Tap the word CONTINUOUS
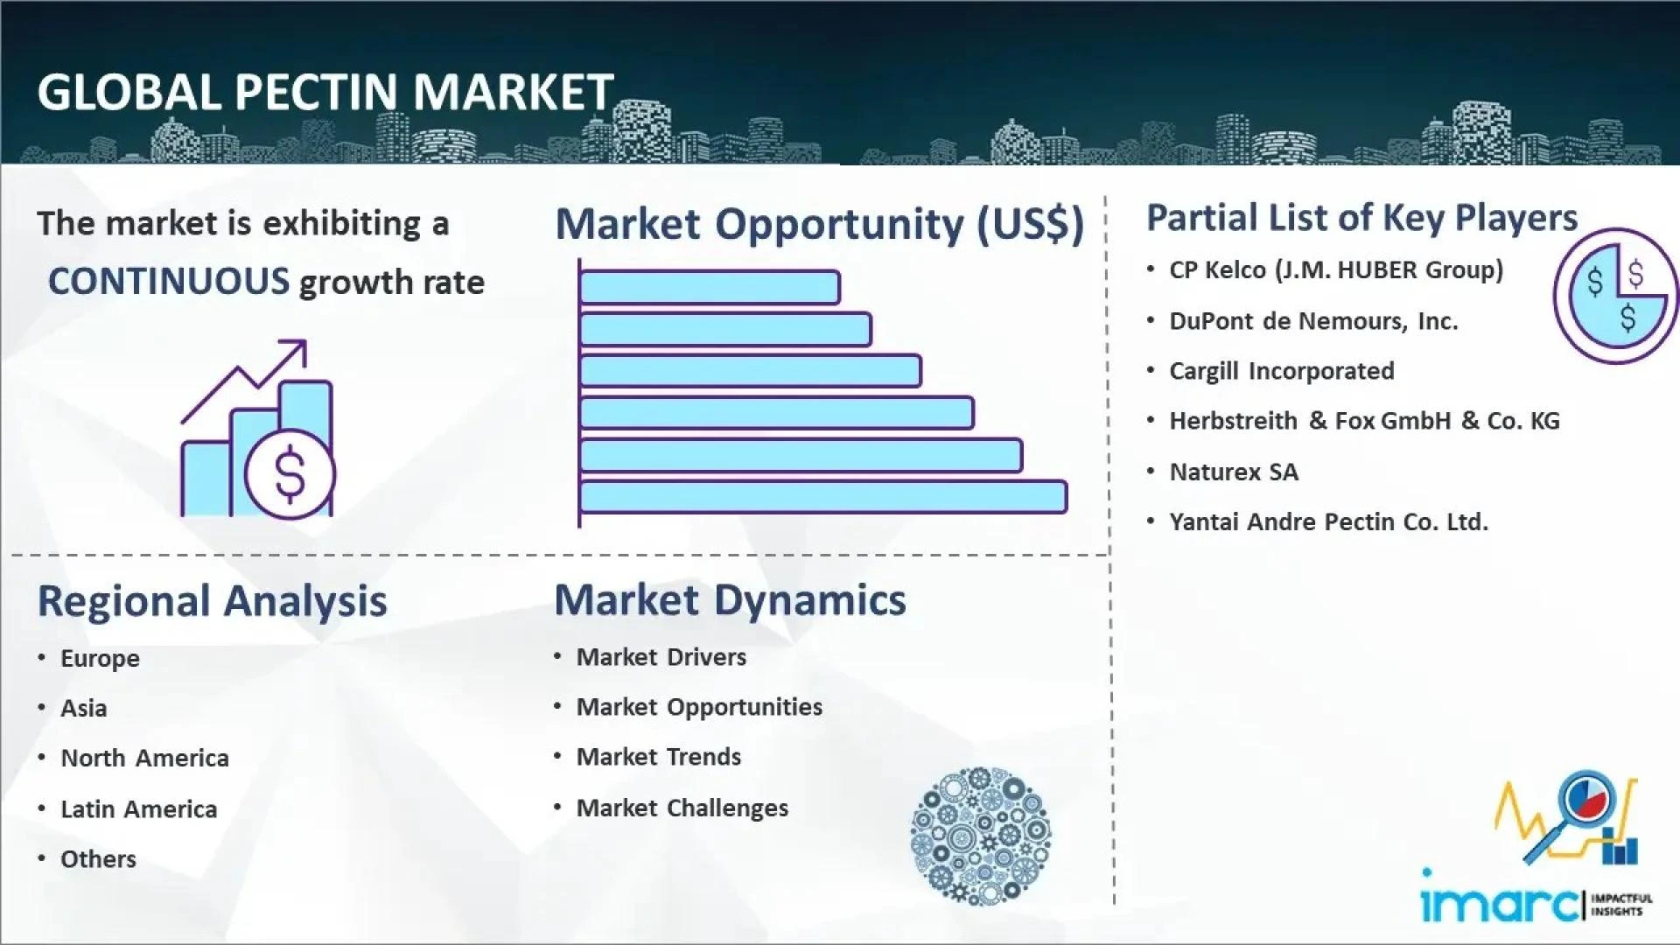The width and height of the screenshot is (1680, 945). (x=168, y=282)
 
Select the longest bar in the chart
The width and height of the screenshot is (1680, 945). (x=822, y=497)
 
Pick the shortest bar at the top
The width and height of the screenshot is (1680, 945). (x=709, y=287)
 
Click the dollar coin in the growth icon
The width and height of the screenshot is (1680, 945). (x=290, y=473)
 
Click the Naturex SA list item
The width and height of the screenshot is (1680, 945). (x=1234, y=472)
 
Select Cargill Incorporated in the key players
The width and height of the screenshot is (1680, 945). (x=1281, y=371)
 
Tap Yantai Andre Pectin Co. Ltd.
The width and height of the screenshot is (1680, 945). (x=1328, y=522)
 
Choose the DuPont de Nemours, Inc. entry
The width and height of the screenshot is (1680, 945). (x=1313, y=321)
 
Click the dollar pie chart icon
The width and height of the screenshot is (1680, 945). (x=1615, y=296)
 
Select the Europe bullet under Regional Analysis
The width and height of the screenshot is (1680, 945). (x=100, y=659)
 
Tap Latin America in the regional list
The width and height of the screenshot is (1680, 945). (x=138, y=809)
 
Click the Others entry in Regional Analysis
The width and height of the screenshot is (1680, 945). (x=98, y=859)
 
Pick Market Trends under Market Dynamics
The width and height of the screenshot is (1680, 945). (x=658, y=757)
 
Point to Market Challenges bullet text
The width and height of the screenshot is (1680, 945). (x=682, y=808)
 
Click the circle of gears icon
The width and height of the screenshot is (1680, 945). (x=980, y=836)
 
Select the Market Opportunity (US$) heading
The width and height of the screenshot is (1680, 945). (x=819, y=224)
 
